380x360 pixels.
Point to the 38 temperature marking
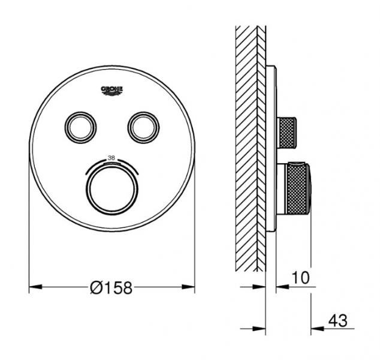pos(111,158)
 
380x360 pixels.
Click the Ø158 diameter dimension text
pos(110,289)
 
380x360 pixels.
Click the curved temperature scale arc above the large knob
pos(111,163)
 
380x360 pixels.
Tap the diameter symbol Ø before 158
pos(96,289)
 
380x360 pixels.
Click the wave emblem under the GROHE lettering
pos(112,93)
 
